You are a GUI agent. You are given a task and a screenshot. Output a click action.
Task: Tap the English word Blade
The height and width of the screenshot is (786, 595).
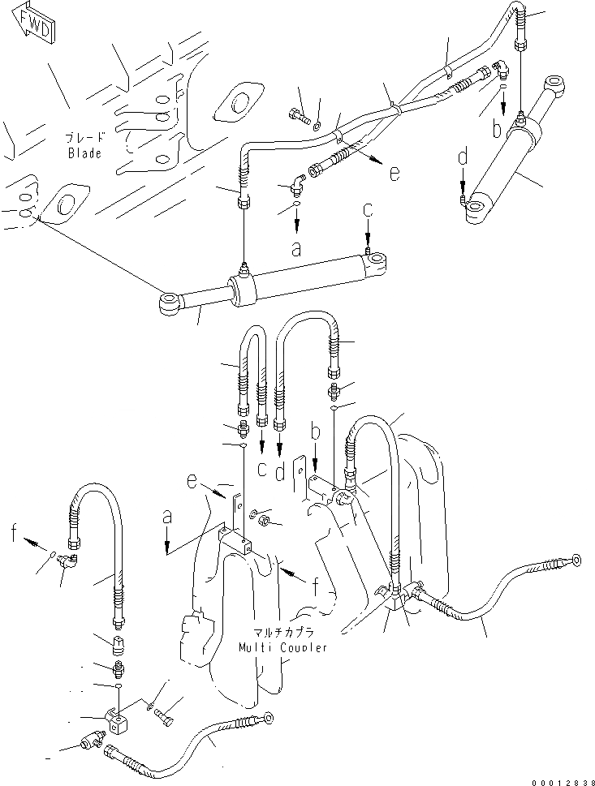click(x=84, y=153)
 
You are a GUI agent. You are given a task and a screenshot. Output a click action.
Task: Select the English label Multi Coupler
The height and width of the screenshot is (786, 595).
click(x=283, y=647)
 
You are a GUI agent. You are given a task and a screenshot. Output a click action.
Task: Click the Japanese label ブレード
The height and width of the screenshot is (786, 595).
click(x=84, y=140)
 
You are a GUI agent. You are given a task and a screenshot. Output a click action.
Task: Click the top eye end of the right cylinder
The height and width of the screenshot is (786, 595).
click(x=557, y=84)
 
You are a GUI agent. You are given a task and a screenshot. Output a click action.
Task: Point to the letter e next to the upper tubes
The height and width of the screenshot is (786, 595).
click(x=394, y=174)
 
